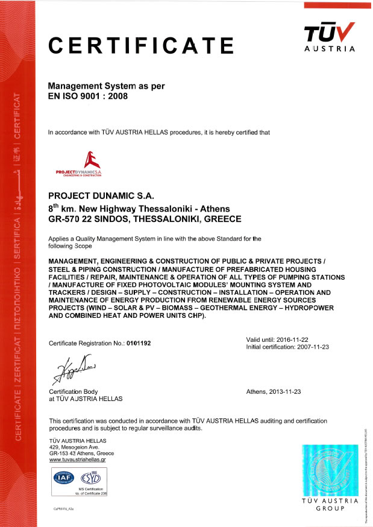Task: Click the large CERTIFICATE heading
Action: [x=140, y=46]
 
